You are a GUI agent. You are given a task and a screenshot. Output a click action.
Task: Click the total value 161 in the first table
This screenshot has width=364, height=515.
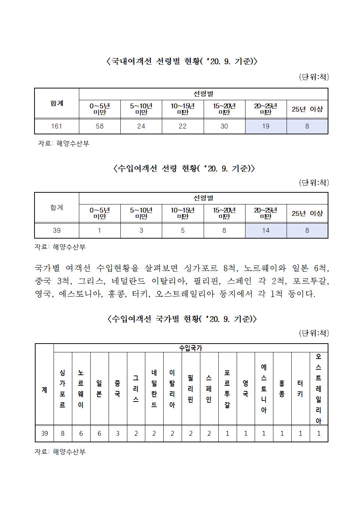tap(57, 126)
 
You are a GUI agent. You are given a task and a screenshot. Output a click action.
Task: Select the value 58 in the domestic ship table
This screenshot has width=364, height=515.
tap(99, 126)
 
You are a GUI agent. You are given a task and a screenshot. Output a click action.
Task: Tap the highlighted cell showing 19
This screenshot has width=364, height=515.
tap(266, 126)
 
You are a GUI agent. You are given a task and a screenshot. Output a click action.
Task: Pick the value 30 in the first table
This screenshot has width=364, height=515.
tap(224, 126)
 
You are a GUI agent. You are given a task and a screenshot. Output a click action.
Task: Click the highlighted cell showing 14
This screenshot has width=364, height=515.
tap(266, 231)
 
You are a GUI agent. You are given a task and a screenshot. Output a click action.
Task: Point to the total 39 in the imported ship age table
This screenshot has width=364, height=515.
tap(57, 231)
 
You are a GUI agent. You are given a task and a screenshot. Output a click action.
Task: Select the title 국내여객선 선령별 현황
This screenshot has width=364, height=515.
tap(182, 61)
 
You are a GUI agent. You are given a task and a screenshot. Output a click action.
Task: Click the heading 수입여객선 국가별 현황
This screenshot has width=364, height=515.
tap(182, 319)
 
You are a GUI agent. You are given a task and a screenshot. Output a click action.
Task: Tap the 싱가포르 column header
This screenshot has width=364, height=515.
tap(63, 389)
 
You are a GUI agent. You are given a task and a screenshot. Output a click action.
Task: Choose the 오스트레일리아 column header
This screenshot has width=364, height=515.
tap(318, 389)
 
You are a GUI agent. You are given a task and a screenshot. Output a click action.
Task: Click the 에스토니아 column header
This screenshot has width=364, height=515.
tap(264, 389)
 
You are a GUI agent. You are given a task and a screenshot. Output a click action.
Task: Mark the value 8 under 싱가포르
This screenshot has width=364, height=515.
tap(63, 434)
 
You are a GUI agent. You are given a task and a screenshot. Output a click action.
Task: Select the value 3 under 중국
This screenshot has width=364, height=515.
tap(118, 434)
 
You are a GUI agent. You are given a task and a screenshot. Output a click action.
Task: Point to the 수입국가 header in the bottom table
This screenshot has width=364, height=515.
tap(190, 348)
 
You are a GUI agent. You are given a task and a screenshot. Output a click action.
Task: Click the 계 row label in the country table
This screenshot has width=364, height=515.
tap(44, 389)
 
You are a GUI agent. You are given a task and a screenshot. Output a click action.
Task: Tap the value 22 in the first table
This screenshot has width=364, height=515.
tap(183, 126)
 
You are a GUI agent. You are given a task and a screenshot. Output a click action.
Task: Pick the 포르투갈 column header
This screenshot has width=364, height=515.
tap(227, 389)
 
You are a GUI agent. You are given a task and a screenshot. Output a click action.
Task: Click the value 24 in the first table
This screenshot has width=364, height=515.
tap(141, 126)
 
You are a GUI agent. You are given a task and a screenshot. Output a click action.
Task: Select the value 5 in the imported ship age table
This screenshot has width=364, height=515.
tap(183, 231)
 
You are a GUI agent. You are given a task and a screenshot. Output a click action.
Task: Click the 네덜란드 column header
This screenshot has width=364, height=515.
tap(154, 389)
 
